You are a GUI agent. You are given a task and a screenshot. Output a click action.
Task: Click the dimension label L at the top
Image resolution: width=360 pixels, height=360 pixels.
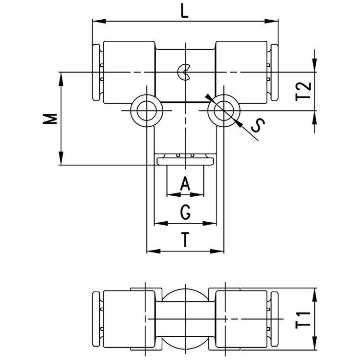(184, 12)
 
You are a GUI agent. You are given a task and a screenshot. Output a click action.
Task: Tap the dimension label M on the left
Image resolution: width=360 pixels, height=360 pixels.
(50, 119)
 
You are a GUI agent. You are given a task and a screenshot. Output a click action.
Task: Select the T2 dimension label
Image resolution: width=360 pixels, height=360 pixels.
(303, 91)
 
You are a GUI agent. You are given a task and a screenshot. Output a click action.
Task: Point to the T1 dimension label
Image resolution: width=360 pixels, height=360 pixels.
(303, 320)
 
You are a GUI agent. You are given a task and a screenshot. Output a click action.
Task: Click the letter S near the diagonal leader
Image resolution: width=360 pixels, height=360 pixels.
(258, 125)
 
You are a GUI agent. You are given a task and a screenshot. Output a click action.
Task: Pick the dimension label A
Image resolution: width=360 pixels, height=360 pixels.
(185, 183)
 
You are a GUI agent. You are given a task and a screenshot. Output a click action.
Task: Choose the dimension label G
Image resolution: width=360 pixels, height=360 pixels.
(185, 212)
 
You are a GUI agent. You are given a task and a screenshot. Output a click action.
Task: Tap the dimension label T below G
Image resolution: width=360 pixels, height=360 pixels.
(185, 240)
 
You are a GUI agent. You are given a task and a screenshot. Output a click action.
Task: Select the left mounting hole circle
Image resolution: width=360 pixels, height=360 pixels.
(146, 111)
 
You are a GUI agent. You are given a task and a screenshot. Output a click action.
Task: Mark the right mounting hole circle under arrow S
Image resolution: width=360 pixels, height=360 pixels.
(224, 111)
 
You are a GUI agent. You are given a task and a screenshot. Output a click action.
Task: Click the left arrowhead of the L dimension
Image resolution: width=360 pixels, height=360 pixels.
(99, 21)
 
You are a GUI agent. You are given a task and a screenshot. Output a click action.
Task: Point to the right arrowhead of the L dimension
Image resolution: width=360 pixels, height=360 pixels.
(271, 21)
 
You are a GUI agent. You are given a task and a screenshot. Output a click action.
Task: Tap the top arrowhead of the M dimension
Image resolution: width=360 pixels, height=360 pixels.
(61, 79)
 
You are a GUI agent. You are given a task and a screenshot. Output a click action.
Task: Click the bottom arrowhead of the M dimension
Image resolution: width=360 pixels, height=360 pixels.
(61, 158)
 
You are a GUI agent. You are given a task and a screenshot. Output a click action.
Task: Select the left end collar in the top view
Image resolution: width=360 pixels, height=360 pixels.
(96, 72)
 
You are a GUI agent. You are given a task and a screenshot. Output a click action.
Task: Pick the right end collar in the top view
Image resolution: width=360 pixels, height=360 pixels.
(275, 72)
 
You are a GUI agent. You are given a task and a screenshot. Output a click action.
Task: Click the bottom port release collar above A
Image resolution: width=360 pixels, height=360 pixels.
(185, 161)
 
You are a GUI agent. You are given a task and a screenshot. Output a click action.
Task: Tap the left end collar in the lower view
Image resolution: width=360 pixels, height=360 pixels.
(96, 319)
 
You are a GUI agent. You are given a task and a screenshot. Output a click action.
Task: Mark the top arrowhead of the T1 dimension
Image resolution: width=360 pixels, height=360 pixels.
(315, 295)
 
